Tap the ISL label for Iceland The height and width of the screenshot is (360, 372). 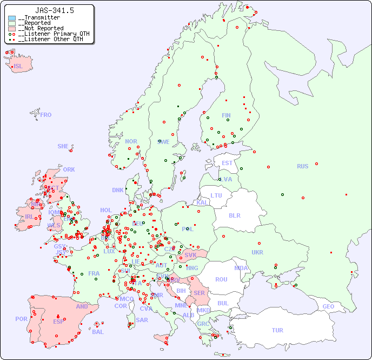18,67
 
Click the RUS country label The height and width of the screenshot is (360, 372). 302,166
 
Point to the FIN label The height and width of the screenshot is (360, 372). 226,115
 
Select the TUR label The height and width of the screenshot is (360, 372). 277,330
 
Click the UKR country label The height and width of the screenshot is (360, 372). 257,252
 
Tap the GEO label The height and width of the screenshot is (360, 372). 328,306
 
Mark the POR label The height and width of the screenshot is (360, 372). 21,319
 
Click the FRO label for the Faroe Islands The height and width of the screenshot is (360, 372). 46,115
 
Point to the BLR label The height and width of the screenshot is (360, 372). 234,215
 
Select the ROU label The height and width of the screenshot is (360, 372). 221,279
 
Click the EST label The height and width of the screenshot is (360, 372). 227,163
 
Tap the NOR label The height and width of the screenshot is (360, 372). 131,141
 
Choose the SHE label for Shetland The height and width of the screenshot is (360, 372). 63,146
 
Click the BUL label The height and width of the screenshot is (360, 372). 223,303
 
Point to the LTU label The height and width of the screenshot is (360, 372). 216,195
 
